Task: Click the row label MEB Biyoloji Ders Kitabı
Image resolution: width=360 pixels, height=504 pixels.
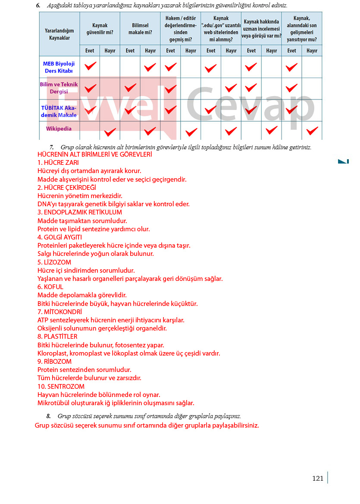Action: coord(59,67)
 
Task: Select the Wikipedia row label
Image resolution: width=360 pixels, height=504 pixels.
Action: coord(59,129)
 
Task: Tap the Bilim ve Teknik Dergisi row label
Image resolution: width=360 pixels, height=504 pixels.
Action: coord(59,88)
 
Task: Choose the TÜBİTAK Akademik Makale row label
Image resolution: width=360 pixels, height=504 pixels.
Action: coord(59,111)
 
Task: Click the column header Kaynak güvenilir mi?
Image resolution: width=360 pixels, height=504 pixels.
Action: coord(100,29)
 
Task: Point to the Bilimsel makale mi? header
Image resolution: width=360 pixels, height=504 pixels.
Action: coord(140,29)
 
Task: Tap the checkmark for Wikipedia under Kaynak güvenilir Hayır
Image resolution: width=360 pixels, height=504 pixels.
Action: coord(110,132)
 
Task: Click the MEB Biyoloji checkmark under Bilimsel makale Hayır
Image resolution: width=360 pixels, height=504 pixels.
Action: coord(150,67)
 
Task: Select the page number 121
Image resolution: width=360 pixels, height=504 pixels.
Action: coord(318,478)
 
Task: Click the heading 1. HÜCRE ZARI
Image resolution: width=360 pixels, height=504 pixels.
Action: coord(58,163)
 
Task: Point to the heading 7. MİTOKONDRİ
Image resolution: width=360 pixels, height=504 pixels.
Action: coord(59,312)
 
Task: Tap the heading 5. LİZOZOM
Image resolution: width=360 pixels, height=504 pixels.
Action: coord(54,262)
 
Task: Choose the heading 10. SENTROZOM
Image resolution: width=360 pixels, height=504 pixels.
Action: coord(61,387)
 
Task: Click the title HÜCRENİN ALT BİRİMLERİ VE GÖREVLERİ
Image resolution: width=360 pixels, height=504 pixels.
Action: coord(94,154)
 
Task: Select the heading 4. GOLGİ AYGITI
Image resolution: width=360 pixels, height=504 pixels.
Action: coord(59,237)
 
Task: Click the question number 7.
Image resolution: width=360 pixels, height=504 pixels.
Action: coord(52,147)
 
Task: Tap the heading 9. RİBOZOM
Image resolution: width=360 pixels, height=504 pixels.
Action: coord(54,362)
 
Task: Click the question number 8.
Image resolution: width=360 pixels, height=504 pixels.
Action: coord(49,416)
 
